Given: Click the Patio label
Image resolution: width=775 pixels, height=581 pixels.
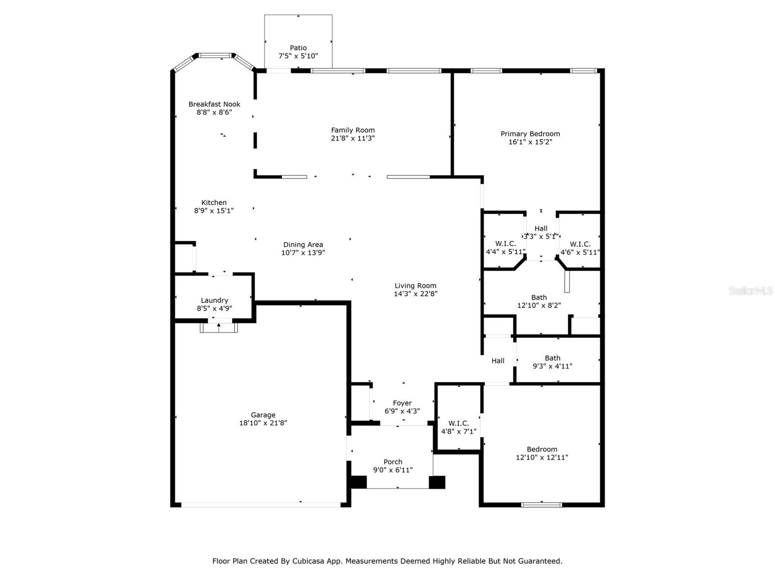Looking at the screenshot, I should click(x=298, y=48).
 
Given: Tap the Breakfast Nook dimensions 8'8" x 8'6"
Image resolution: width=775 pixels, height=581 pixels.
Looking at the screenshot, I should click(x=214, y=112).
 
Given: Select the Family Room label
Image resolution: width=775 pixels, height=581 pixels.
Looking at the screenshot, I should click(x=353, y=130).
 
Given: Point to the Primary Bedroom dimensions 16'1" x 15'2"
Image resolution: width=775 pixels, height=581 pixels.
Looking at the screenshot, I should click(x=530, y=142).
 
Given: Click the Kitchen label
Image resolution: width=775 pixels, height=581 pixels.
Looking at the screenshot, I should click(x=214, y=202).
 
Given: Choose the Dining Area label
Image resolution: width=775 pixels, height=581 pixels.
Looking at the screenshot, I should click(x=303, y=245).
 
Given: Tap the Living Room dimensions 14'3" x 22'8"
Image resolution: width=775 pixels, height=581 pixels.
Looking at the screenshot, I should click(x=415, y=293).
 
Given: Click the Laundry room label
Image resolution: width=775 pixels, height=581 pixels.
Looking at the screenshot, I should click(x=214, y=300).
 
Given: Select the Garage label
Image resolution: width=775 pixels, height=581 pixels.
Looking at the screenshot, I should click(x=263, y=415).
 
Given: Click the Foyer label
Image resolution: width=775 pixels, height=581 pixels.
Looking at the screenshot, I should click(x=402, y=403).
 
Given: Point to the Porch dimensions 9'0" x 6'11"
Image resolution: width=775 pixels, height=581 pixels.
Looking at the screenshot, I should click(x=393, y=470).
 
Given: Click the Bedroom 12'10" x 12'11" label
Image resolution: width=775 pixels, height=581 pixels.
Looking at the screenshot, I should click(x=542, y=449).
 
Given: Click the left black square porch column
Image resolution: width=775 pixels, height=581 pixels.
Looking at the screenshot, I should click(x=358, y=482).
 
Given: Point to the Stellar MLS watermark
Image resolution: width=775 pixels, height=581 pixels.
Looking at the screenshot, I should click(x=751, y=290).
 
